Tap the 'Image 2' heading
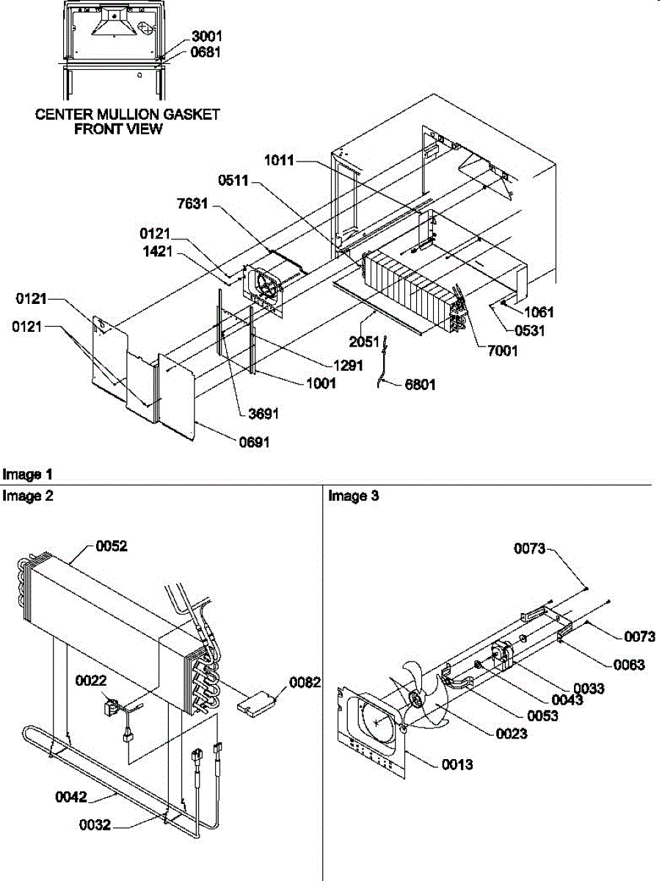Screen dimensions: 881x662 (x=27, y=496)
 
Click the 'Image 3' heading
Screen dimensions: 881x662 (x=353, y=496)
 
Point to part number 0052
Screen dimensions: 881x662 (x=112, y=547)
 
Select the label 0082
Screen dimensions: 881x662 (x=305, y=683)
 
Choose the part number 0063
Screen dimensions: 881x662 (x=629, y=665)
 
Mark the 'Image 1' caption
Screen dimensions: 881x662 (x=27, y=475)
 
